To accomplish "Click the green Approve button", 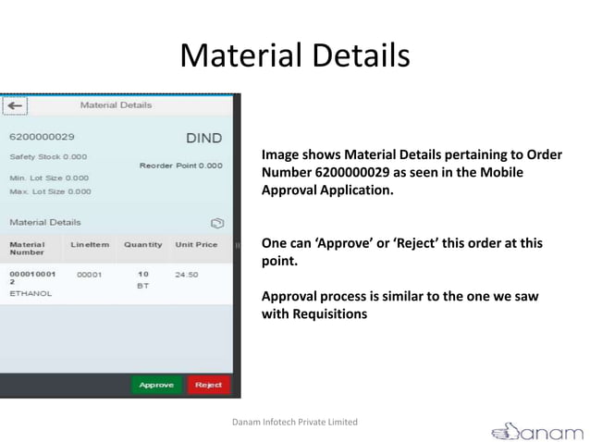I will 157,385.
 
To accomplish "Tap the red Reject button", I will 208,385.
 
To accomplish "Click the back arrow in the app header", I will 15,105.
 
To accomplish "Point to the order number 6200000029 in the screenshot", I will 42,137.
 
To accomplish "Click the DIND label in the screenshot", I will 203,139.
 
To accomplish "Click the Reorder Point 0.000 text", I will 181,166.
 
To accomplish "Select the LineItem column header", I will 90,244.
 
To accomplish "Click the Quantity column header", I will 143,244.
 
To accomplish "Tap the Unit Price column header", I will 196,244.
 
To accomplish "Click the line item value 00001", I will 90,275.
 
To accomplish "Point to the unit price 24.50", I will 186,275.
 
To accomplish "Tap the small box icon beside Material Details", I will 216,223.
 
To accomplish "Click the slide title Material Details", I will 294,55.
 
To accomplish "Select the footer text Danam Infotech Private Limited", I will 294,422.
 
